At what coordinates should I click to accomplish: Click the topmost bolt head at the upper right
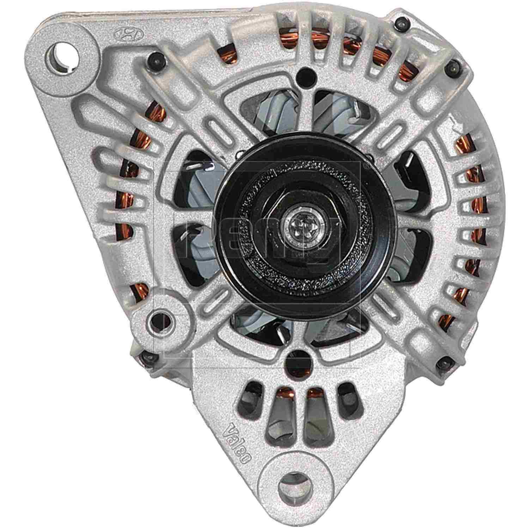tap(403, 24)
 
